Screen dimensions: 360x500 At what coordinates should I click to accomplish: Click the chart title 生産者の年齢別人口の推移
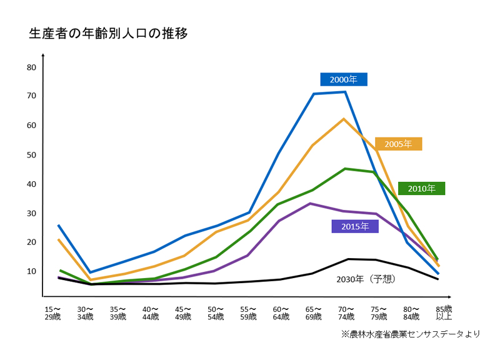pos(108,33)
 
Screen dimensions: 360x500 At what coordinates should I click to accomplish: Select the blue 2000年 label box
pos(344,79)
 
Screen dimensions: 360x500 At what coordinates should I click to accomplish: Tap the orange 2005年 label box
pos(398,144)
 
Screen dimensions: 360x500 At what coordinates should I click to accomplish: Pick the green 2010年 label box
pos(421,188)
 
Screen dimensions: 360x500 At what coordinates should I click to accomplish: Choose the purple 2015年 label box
pos(355,226)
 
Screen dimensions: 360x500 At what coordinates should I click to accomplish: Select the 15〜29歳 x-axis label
pos(52,312)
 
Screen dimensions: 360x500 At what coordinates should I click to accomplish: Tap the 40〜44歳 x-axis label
pos(151,312)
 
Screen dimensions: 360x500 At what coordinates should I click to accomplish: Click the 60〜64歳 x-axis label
pos(281,312)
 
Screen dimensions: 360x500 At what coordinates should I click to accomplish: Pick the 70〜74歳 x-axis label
pos(346,312)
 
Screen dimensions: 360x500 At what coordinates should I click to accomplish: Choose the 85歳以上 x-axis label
pos(444,312)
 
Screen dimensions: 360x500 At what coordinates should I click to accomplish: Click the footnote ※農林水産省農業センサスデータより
pos(411,334)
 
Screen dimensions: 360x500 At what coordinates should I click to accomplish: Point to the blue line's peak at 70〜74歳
pos(345,92)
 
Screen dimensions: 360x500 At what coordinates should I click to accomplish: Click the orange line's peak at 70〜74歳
pos(344,119)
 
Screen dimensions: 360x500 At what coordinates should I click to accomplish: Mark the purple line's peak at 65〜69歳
pos(311,203)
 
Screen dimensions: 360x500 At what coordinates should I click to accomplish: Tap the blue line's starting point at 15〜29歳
pos(58,225)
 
